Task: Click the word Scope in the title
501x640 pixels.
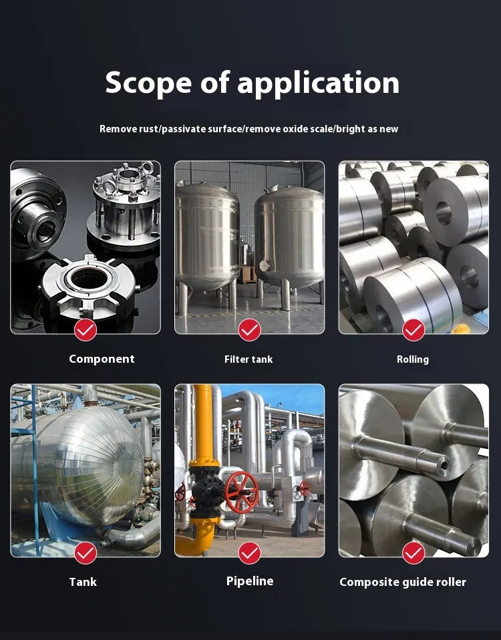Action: click(148, 83)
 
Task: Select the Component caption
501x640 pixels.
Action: click(102, 359)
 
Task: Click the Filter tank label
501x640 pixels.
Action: click(248, 359)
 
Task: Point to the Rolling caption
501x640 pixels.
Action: click(413, 359)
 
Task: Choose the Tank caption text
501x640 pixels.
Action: click(83, 582)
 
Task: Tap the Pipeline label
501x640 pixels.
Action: click(250, 581)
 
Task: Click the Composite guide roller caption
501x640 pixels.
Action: click(403, 582)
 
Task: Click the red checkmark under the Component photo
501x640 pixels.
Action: click(86, 330)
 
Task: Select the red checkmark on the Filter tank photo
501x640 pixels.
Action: click(250, 330)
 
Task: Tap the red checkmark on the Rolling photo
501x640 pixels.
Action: click(413, 330)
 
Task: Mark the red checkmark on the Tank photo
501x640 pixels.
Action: click(86, 552)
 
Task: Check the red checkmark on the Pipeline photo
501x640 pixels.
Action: click(250, 552)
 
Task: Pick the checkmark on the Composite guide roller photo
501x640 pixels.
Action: click(413, 552)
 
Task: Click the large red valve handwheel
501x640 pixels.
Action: click(242, 492)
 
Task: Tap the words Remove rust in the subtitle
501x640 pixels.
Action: click(128, 129)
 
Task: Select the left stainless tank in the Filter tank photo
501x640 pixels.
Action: click(207, 241)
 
